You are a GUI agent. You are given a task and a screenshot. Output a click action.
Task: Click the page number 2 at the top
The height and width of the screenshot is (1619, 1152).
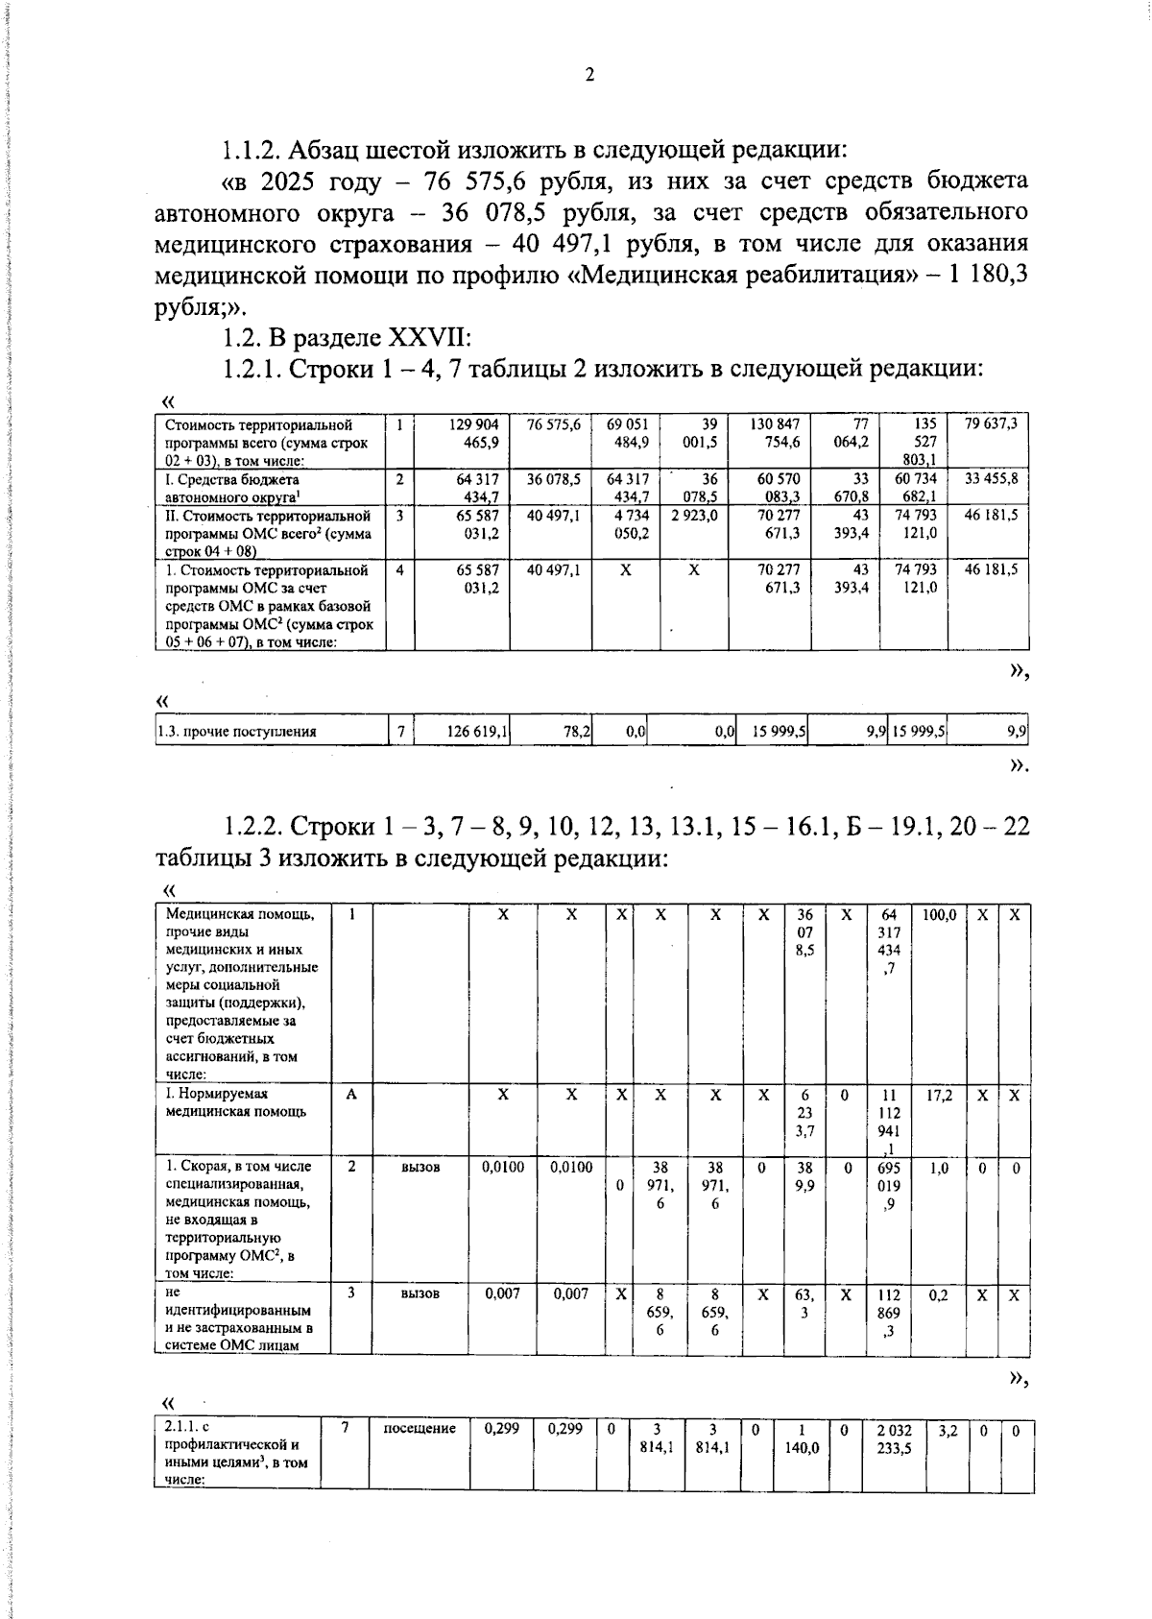click(x=589, y=75)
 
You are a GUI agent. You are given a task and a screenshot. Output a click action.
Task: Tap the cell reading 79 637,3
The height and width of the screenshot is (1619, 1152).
click(x=991, y=423)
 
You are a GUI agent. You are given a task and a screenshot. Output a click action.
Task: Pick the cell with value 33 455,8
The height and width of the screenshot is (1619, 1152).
click(x=991, y=478)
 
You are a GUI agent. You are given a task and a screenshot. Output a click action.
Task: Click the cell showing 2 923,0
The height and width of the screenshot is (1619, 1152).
click(x=693, y=516)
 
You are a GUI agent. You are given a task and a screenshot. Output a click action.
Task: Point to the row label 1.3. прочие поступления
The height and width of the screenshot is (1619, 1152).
click(x=237, y=732)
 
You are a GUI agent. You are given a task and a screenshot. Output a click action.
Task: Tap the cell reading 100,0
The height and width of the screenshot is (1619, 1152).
click(x=939, y=916)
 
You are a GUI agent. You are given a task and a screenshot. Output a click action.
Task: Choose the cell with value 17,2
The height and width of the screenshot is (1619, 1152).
click(x=939, y=1095)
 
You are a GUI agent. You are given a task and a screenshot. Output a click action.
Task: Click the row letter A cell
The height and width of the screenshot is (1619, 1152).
click(x=352, y=1095)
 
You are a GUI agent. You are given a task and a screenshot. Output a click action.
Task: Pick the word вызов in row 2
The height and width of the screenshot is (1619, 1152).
click(x=420, y=1167)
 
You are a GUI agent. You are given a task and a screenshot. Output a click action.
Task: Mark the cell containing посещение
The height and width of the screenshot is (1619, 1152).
click(x=420, y=1429)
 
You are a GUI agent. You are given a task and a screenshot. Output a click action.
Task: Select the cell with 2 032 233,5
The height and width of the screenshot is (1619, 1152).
click(x=894, y=1438)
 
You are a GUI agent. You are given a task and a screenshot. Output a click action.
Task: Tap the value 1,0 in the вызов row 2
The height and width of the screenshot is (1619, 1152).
click(x=939, y=1167)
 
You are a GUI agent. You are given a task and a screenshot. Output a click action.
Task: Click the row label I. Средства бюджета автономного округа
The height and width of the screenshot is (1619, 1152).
click(x=232, y=487)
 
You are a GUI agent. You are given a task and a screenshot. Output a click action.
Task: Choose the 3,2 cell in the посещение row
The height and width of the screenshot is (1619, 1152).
click(x=948, y=1430)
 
